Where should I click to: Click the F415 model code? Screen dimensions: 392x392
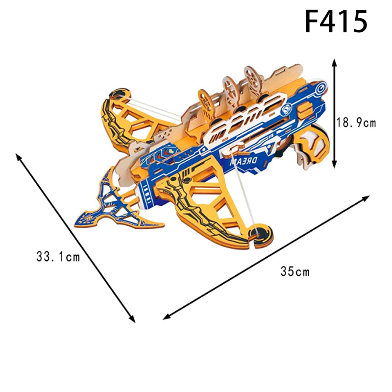tap(336, 21)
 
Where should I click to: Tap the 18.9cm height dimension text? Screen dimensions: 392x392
tap(356, 123)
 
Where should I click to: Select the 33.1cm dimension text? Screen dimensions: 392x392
tap(58, 256)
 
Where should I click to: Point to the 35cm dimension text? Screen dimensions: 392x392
tap(295, 271)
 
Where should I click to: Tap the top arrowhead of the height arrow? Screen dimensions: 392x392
tap(335, 63)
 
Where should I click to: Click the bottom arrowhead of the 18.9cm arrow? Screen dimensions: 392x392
tap(335, 164)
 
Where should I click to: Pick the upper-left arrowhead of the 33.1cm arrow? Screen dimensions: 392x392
tap(18, 156)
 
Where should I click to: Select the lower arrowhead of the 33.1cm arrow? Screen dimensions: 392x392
tap(132, 319)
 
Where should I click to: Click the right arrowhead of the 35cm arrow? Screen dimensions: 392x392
tap(366, 198)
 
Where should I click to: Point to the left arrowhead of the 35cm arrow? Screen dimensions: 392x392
tap(167, 317)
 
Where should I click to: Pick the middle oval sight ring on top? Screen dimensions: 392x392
tap(230, 91)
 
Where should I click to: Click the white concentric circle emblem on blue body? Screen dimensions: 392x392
tap(320, 88)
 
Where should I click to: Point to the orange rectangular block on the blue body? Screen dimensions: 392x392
tap(305, 108)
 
